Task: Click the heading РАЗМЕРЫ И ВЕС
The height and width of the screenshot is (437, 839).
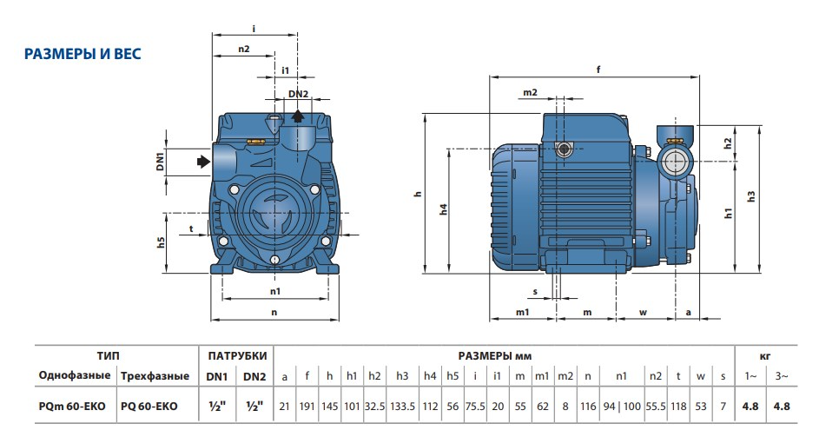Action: pos(83,55)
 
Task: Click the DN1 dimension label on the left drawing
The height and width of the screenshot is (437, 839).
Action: pos(161,161)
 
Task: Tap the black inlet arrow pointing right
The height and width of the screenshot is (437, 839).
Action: pos(203,161)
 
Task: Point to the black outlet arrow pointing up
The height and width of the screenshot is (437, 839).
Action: pos(298,116)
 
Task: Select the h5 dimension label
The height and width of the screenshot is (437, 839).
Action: pos(161,242)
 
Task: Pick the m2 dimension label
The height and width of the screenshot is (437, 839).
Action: pos(530,92)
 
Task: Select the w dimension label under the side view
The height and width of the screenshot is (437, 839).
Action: pos(644,311)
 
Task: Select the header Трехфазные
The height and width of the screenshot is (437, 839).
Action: pos(155,376)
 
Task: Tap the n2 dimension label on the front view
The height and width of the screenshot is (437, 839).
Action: pos(243,50)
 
